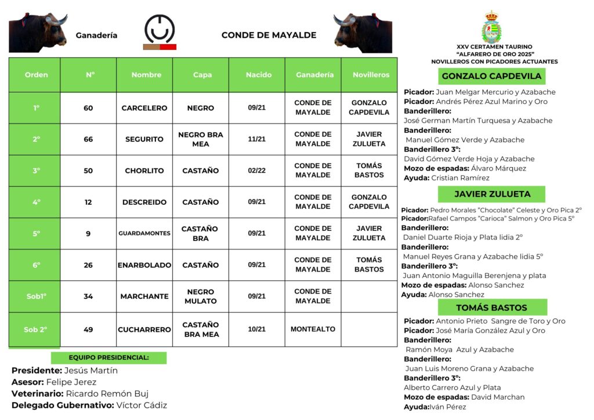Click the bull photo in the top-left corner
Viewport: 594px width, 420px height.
click(37, 32)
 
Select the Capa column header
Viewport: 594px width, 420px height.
click(202, 75)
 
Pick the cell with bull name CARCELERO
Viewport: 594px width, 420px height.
click(144, 108)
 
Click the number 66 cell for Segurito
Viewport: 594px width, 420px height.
click(88, 139)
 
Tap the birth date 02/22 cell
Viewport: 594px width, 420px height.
click(257, 171)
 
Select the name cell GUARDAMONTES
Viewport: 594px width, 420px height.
click(144, 233)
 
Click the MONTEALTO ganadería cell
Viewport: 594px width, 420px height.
click(313, 329)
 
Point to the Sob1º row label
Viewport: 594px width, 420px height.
click(36, 296)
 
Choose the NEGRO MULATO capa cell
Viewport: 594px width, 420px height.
click(201, 296)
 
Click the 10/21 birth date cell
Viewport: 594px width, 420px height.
click(257, 329)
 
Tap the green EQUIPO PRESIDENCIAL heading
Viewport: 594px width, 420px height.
click(108, 358)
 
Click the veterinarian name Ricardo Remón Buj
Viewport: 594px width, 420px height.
click(107, 394)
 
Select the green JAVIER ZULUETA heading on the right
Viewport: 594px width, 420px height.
click(491, 194)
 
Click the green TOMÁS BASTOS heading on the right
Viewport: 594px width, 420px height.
click(491, 307)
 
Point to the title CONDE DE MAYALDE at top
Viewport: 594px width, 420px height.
click(269, 35)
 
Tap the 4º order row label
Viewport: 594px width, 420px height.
click(36, 202)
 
